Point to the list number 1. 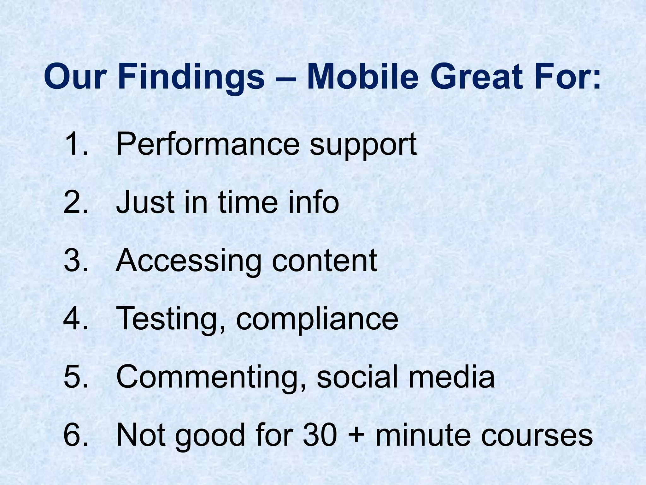click(x=74, y=144)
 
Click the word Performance click(x=207, y=144)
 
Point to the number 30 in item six click(x=319, y=435)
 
